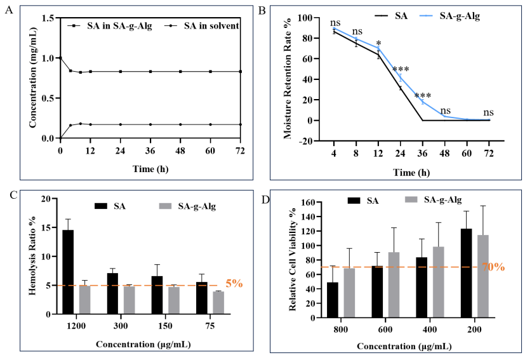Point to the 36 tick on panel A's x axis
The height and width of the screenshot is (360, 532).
pyautogui.click(x=150, y=150)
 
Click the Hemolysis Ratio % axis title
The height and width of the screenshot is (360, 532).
pyautogui.click(x=32, y=257)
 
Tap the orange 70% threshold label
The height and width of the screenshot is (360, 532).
pyautogui.click(x=493, y=267)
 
